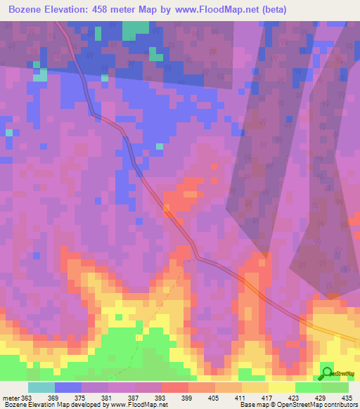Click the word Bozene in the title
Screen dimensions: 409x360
30,9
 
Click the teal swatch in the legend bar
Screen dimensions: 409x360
41,387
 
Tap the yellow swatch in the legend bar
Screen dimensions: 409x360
281,387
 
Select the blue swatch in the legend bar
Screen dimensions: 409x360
67,387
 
